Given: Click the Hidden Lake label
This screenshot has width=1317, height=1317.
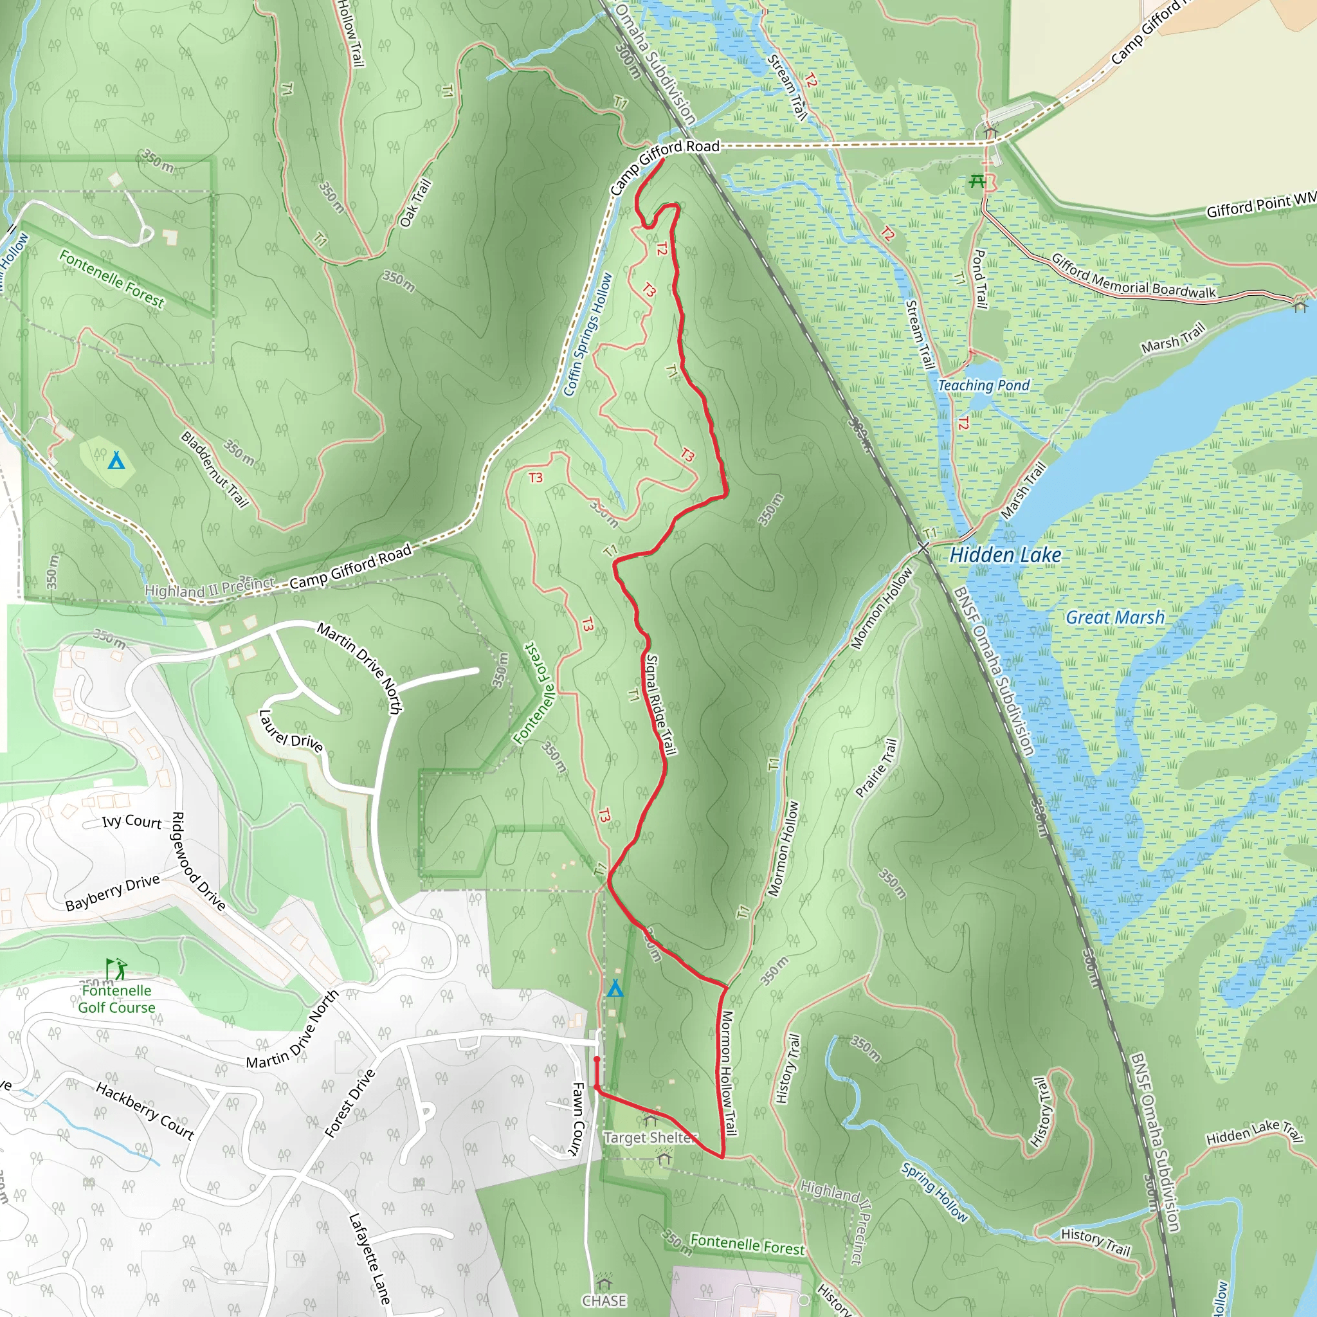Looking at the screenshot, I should pos(1005,555).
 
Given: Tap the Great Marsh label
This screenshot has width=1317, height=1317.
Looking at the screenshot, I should pos(1114,617).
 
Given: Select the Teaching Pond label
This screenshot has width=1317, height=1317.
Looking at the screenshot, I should pos(983,385).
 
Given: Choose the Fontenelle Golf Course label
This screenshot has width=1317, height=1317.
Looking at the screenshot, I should pos(116,999).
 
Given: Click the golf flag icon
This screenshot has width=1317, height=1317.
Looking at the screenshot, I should pos(114,968).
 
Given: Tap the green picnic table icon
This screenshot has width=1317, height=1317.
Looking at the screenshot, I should pos(977,181).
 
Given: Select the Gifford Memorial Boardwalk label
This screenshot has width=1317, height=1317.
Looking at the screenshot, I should pos(1133,277).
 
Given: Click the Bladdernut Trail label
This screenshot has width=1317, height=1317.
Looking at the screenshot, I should pos(214,469).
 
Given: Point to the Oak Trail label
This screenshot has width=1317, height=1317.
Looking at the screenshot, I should pos(416,203).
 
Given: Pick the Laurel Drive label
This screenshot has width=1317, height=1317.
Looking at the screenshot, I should pos(291,731).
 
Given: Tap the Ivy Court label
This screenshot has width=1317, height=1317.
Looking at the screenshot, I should pos(132,821).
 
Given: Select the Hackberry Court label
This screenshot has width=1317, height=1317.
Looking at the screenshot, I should pos(145,1111).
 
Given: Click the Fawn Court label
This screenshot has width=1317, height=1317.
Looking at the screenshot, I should pos(577,1120).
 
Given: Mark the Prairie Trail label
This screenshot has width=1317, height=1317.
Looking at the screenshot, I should pos(876,767).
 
